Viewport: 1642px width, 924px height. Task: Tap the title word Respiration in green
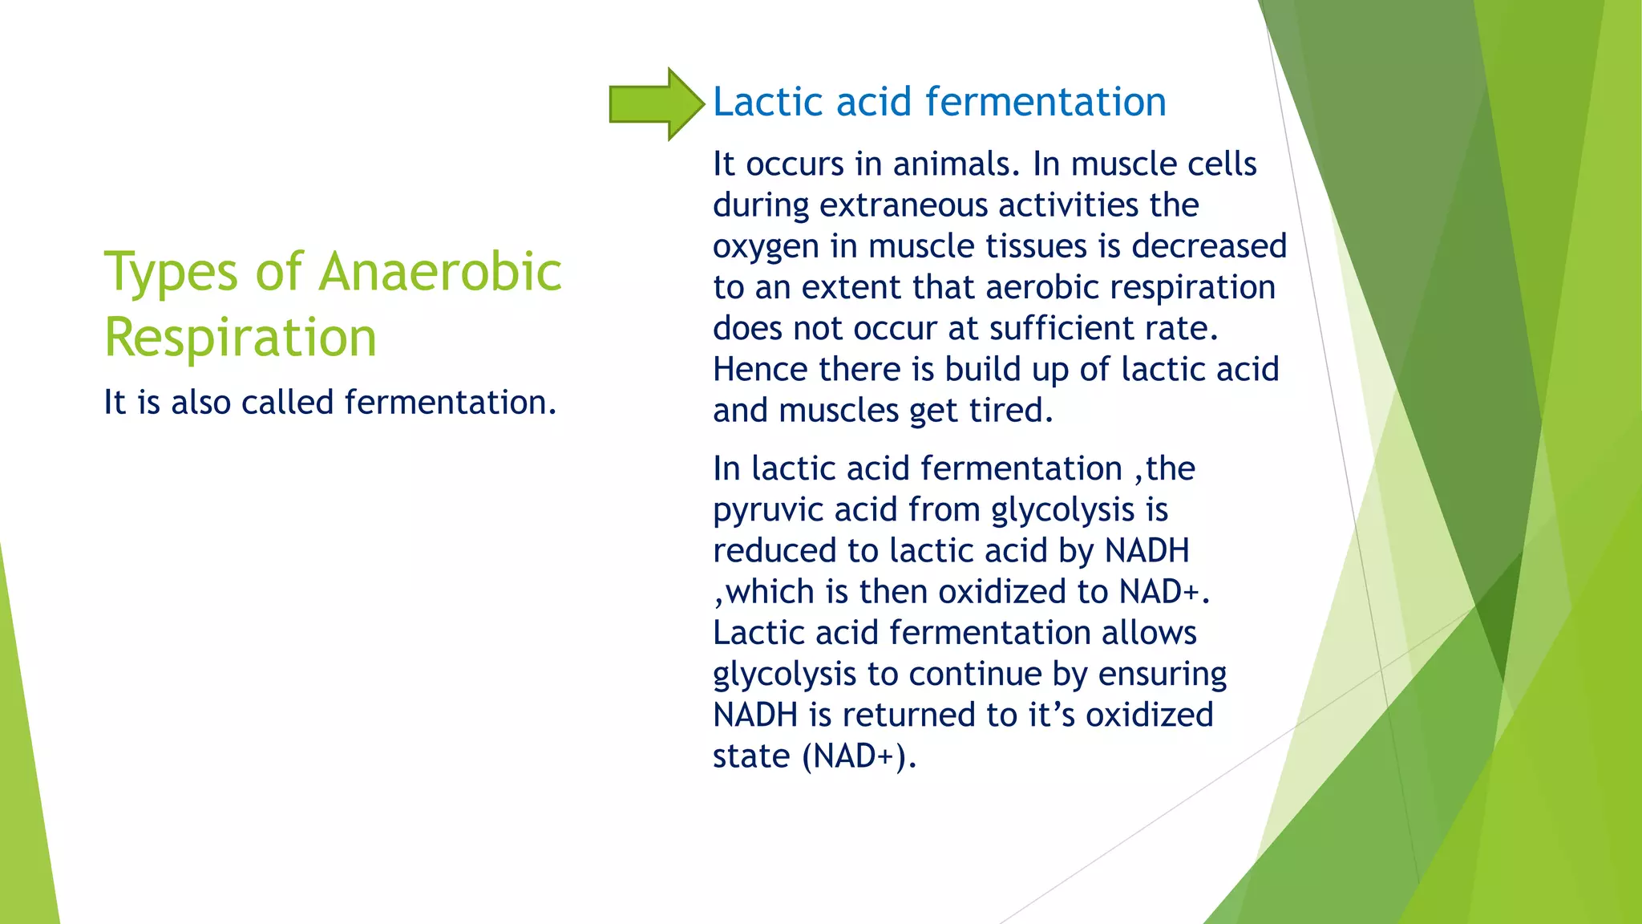(241, 338)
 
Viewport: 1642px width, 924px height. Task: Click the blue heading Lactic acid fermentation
(939, 102)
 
